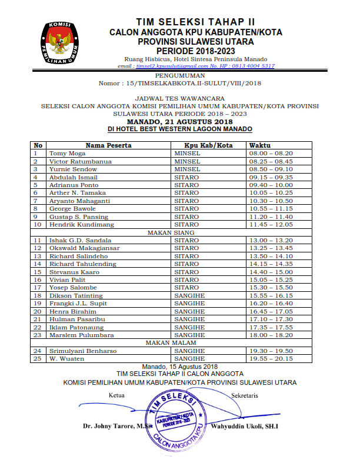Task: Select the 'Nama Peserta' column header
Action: [x=108, y=145]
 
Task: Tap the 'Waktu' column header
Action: [x=259, y=145]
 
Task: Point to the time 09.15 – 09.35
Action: [x=271, y=177]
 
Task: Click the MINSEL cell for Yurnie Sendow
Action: [x=188, y=169]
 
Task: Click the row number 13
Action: [x=37, y=256]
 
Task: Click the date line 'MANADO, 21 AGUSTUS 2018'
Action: [x=180, y=121]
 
